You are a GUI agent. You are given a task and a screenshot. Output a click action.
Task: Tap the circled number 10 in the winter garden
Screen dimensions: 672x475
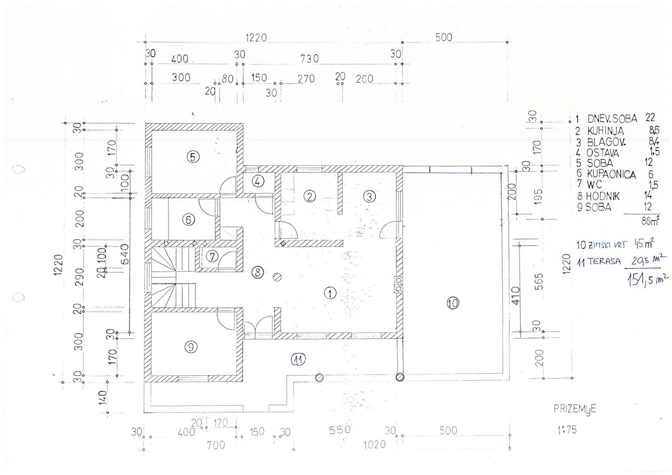(452, 303)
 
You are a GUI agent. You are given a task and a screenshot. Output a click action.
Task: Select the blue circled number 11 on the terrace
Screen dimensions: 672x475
(298, 359)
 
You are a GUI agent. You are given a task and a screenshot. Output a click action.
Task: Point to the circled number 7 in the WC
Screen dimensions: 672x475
(212, 257)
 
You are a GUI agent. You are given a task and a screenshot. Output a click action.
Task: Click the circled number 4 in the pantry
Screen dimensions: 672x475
(258, 181)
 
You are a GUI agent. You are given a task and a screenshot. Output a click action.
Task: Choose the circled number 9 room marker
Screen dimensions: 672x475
(190, 347)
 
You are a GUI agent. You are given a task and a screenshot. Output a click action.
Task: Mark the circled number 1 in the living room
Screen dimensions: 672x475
(330, 293)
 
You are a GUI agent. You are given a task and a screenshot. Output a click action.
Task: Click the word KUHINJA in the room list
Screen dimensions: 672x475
(605, 131)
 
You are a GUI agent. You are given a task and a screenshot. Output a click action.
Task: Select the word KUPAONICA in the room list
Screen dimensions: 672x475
(611, 174)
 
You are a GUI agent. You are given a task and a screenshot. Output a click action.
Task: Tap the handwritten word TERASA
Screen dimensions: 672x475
(604, 262)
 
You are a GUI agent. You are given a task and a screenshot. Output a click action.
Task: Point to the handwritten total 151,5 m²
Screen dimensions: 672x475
(648, 280)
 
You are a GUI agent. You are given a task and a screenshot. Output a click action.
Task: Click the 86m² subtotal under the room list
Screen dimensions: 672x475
(650, 221)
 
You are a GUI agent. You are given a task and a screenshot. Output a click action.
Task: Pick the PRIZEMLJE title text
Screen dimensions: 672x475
(575, 410)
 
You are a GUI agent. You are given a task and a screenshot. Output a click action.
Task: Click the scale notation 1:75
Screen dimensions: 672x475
(567, 430)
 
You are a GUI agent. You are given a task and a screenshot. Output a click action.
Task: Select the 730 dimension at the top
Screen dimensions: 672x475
(309, 58)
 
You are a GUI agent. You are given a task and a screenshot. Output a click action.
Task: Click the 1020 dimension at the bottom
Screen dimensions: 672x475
(375, 445)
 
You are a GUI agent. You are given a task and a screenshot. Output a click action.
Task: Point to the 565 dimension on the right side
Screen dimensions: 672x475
(539, 281)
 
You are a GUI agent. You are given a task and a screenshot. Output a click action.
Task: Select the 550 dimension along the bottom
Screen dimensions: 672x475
(339, 430)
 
